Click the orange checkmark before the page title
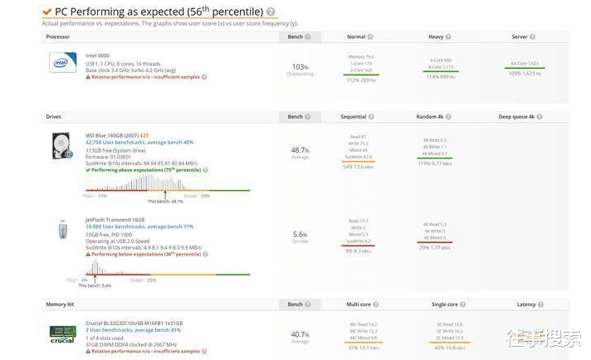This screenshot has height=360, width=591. point(46,12)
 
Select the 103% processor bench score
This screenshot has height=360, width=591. point(300,66)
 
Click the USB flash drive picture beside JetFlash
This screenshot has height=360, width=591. point(62,230)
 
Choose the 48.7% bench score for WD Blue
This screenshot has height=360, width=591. point(300,150)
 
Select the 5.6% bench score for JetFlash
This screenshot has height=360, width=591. point(300,235)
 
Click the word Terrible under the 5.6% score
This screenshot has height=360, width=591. point(300,241)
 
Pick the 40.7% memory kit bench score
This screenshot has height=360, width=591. point(300,334)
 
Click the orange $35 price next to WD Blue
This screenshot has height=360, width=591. point(144,135)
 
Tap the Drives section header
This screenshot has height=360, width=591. point(53,117)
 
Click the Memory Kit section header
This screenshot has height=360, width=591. point(61,304)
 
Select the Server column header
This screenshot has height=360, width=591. point(520,36)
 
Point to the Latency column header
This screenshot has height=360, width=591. point(525,304)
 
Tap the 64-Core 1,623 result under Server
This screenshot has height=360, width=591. point(524,64)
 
